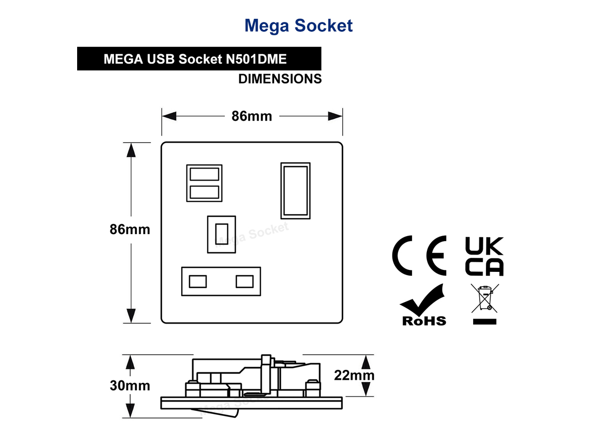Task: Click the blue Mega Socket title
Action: click(x=298, y=26)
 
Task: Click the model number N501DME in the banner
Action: click(x=256, y=59)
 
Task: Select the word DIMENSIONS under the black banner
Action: click(x=280, y=79)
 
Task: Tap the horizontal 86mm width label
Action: click(x=252, y=116)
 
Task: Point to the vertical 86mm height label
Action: click(x=130, y=229)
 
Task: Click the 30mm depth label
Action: click(x=130, y=385)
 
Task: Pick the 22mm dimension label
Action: click(x=354, y=375)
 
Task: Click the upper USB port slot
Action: click(x=204, y=174)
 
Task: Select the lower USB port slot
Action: click(x=204, y=192)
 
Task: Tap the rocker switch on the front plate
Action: click(x=296, y=191)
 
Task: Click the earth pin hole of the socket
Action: click(x=222, y=235)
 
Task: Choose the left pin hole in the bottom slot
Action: click(x=198, y=281)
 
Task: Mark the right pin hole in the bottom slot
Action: click(x=245, y=281)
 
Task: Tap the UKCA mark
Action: click(x=484, y=256)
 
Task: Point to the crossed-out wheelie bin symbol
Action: click(x=485, y=304)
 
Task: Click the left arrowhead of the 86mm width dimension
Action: click(x=169, y=116)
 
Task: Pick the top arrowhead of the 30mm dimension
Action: click(x=130, y=362)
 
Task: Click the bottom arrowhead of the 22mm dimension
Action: click(x=366, y=389)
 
